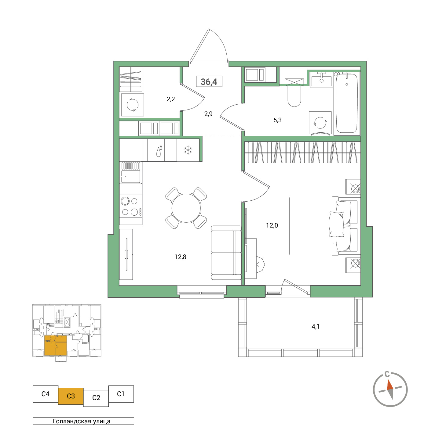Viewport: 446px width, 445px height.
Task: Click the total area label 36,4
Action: coord(209,82)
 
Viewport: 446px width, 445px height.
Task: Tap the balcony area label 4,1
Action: coord(315,327)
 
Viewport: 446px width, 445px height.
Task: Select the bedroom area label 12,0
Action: coord(272,226)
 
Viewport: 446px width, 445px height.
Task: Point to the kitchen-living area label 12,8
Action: coord(180,257)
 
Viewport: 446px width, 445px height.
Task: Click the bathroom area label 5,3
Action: coord(277,120)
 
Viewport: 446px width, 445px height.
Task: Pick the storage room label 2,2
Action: coord(171,99)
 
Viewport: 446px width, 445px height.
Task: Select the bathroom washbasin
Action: coord(321,81)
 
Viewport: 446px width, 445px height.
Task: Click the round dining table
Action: coord(186,208)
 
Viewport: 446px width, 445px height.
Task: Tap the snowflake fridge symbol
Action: coord(188,150)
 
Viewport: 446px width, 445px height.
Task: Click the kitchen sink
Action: coord(131,176)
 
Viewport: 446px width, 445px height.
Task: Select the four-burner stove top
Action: coord(130,206)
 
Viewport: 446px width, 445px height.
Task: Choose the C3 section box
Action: coord(71,396)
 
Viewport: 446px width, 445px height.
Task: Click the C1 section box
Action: coord(121,394)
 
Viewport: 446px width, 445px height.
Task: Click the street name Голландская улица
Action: coord(82,421)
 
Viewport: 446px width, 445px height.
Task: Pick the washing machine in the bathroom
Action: coord(320,123)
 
